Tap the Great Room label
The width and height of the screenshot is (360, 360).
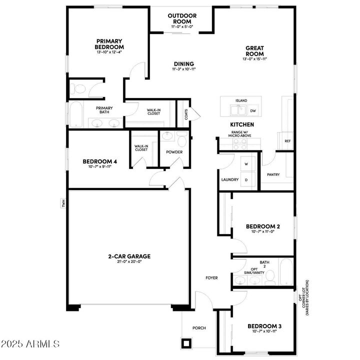tap(254, 51)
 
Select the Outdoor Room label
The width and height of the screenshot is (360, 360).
tap(182, 18)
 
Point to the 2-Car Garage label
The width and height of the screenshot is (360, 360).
tap(129, 256)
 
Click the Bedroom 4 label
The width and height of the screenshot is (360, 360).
tap(99, 161)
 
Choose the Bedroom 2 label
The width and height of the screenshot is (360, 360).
tap(262, 226)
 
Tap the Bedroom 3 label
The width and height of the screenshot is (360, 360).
tap(264, 326)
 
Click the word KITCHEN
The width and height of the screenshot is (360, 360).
tap(242, 124)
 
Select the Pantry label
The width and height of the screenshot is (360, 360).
tap(273, 174)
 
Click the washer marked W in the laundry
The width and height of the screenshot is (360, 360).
tap(246, 163)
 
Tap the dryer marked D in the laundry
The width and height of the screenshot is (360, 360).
tap(246, 179)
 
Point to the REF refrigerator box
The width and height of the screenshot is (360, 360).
tap(287, 141)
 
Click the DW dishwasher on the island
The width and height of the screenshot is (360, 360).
tap(253, 110)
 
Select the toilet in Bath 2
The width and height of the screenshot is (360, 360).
tap(270, 275)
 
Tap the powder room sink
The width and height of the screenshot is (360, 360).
tap(168, 135)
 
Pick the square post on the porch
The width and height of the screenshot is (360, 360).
tap(187, 343)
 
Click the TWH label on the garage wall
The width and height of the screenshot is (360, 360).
tap(63, 203)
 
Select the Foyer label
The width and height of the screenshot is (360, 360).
tap(211, 277)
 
